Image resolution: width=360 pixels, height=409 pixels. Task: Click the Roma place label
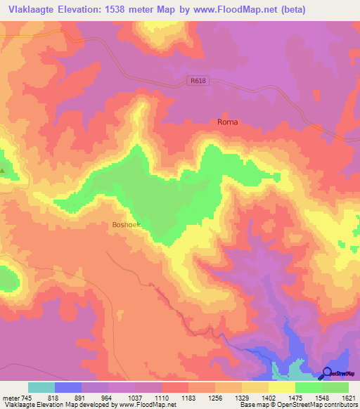[x=227, y=122]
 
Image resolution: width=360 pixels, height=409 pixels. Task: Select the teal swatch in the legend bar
[x=41, y=387]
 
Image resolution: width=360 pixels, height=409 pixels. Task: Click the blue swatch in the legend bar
[x=68, y=387]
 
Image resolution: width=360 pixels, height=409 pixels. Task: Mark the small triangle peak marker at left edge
[x=2, y=170]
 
